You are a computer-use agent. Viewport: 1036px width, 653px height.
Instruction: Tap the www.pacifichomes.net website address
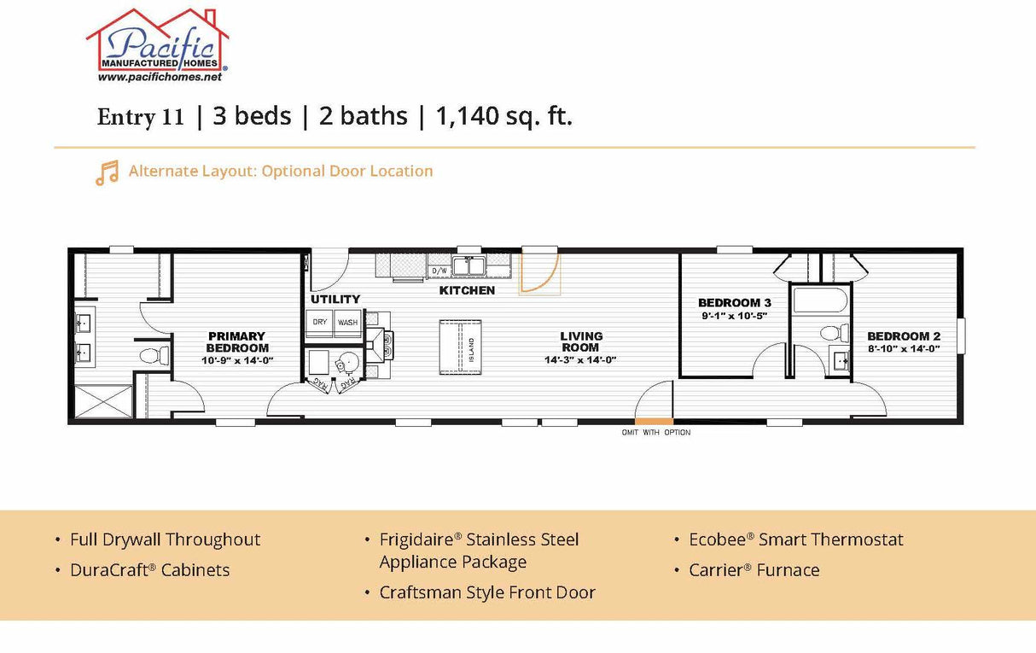[x=160, y=77]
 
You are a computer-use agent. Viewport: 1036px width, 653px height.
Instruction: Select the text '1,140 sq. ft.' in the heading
[x=503, y=116]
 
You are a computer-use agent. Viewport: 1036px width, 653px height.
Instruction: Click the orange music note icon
[x=107, y=172]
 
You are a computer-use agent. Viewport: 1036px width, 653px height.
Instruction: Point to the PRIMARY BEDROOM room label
[x=236, y=341]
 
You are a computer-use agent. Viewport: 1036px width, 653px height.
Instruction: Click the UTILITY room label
[x=335, y=300]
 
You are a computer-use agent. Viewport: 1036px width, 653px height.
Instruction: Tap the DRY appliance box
[x=319, y=323]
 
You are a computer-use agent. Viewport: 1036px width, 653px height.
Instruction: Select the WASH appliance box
[x=347, y=323]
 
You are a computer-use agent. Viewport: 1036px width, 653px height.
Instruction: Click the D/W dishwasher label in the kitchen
[x=439, y=271]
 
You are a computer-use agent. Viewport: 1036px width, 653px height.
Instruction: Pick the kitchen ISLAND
[x=460, y=347]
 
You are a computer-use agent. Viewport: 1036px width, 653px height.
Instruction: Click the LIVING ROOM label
[x=581, y=341]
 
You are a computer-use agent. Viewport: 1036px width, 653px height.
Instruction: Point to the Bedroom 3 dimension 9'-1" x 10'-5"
[x=734, y=316]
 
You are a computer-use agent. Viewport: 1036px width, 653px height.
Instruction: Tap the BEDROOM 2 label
[x=903, y=336]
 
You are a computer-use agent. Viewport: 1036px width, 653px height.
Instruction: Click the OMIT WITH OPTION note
[x=655, y=433]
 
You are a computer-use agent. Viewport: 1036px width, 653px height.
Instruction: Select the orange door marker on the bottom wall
[x=654, y=421]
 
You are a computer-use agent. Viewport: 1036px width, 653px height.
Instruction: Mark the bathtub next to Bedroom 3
[x=819, y=300]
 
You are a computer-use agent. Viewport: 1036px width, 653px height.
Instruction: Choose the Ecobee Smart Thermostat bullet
[x=795, y=539]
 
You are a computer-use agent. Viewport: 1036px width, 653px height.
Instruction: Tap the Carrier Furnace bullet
[x=754, y=570]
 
